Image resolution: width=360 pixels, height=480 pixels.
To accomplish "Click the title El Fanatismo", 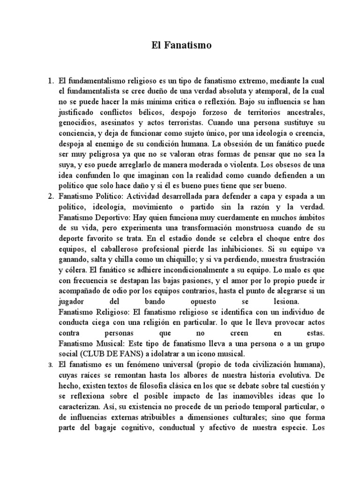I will [x=181, y=45].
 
